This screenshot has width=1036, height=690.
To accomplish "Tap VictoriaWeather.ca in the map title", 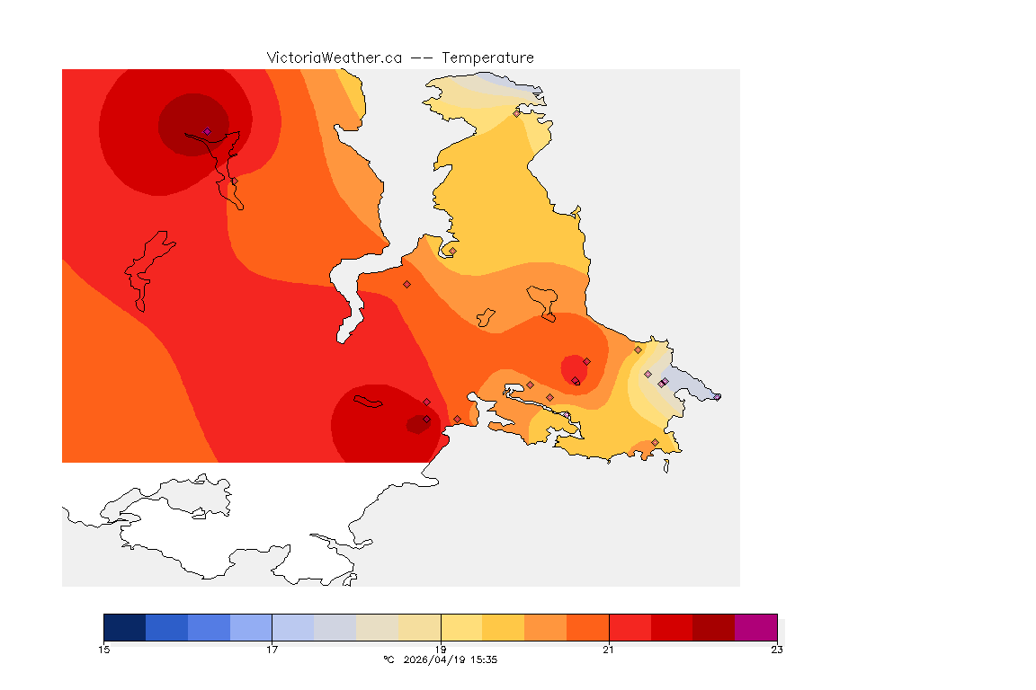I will pyautogui.click(x=334, y=57).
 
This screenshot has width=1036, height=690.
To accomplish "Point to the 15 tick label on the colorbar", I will pyautogui.click(x=104, y=650).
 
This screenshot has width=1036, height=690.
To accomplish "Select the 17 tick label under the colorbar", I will pyautogui.click(x=272, y=650).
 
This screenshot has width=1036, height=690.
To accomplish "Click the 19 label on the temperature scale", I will pyautogui.click(x=441, y=650).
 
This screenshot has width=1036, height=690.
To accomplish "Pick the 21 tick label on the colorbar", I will pyautogui.click(x=609, y=650).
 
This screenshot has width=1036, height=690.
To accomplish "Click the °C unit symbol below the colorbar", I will pyautogui.click(x=388, y=659).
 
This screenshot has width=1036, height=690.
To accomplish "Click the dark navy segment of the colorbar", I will pyautogui.click(x=125, y=627).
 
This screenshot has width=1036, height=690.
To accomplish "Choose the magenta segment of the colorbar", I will pyautogui.click(x=755, y=627).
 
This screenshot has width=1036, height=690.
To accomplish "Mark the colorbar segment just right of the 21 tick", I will pyautogui.click(x=630, y=627).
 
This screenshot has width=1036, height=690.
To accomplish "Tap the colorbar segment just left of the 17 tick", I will pyautogui.click(x=251, y=627).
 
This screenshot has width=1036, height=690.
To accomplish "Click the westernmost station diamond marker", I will pyautogui.click(x=207, y=131).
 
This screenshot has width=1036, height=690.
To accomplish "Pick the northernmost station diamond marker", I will pyautogui.click(x=516, y=113).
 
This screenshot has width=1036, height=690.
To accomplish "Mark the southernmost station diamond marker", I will pyautogui.click(x=655, y=442).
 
